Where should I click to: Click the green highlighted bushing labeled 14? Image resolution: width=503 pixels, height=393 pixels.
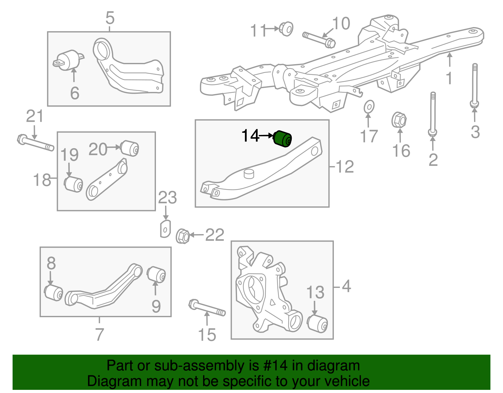(x=282, y=139)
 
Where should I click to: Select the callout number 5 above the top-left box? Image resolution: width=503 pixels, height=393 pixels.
(x=110, y=18)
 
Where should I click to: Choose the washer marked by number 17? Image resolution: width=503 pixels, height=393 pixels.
(x=369, y=107)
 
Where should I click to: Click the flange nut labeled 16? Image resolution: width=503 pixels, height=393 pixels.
(x=399, y=120)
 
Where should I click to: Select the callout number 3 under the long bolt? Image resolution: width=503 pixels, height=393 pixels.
(x=475, y=132)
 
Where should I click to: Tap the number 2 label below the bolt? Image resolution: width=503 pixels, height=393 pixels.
(x=433, y=160)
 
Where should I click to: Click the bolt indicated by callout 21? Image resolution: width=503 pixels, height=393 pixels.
(x=35, y=143)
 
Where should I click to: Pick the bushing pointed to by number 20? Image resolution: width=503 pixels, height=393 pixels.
(x=130, y=148)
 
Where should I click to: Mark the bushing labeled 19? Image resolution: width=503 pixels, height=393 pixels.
(x=74, y=184)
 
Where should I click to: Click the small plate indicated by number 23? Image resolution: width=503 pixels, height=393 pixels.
(x=165, y=229)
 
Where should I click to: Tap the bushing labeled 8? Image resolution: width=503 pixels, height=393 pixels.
(x=54, y=293)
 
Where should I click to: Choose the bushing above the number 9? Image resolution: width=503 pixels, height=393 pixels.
(x=157, y=275)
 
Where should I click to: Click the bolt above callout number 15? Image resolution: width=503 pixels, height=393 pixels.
(x=207, y=308)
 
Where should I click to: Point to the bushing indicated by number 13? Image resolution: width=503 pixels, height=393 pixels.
(x=318, y=323)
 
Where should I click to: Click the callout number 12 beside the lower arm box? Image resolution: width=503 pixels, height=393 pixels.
(x=345, y=166)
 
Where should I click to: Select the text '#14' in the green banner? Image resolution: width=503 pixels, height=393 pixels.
(x=274, y=366)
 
